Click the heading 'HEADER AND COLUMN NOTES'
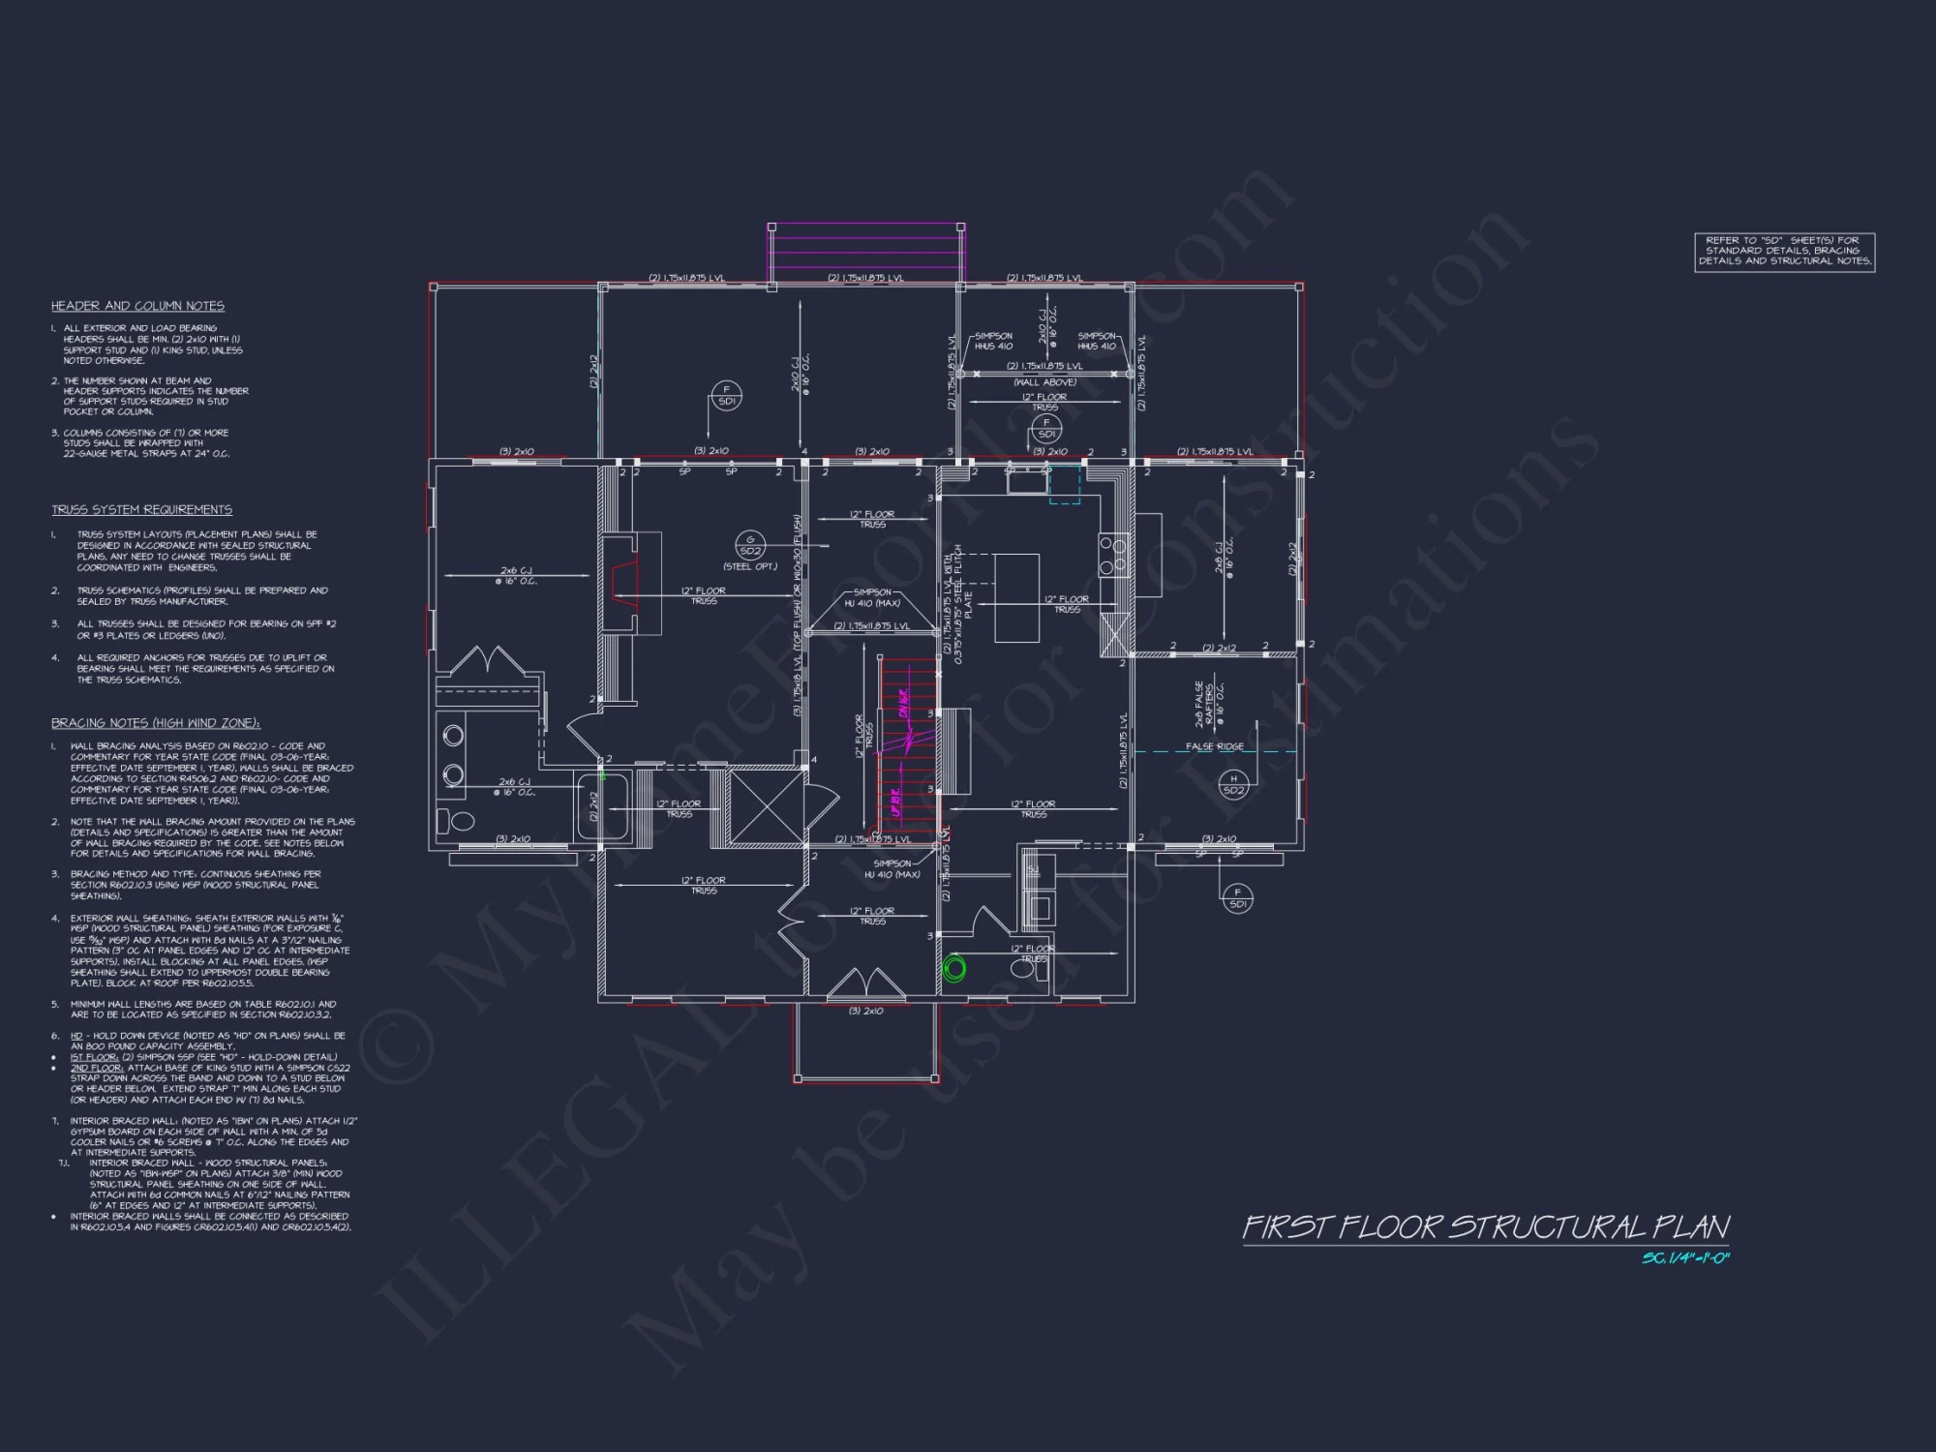click(x=137, y=306)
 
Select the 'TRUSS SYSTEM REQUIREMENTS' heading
click(x=141, y=510)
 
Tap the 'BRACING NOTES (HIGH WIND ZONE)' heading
click(x=155, y=723)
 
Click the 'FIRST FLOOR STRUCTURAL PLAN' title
click(x=1486, y=1227)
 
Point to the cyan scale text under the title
click(x=1685, y=1258)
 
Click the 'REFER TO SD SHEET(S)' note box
click(x=1784, y=252)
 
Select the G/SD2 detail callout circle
click(x=750, y=545)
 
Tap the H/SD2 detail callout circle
click(x=1233, y=784)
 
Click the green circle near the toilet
click(x=955, y=968)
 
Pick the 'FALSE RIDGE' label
click(x=1215, y=746)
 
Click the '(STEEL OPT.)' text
click(x=750, y=566)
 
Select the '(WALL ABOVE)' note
click(x=1045, y=382)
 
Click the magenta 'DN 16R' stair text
click(x=904, y=704)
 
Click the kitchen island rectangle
click(x=1016, y=597)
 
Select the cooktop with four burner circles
click(x=1113, y=555)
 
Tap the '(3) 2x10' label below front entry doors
click(x=865, y=1011)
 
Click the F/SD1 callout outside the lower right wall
click(x=1237, y=898)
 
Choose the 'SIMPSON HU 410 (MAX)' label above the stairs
click(x=872, y=597)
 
